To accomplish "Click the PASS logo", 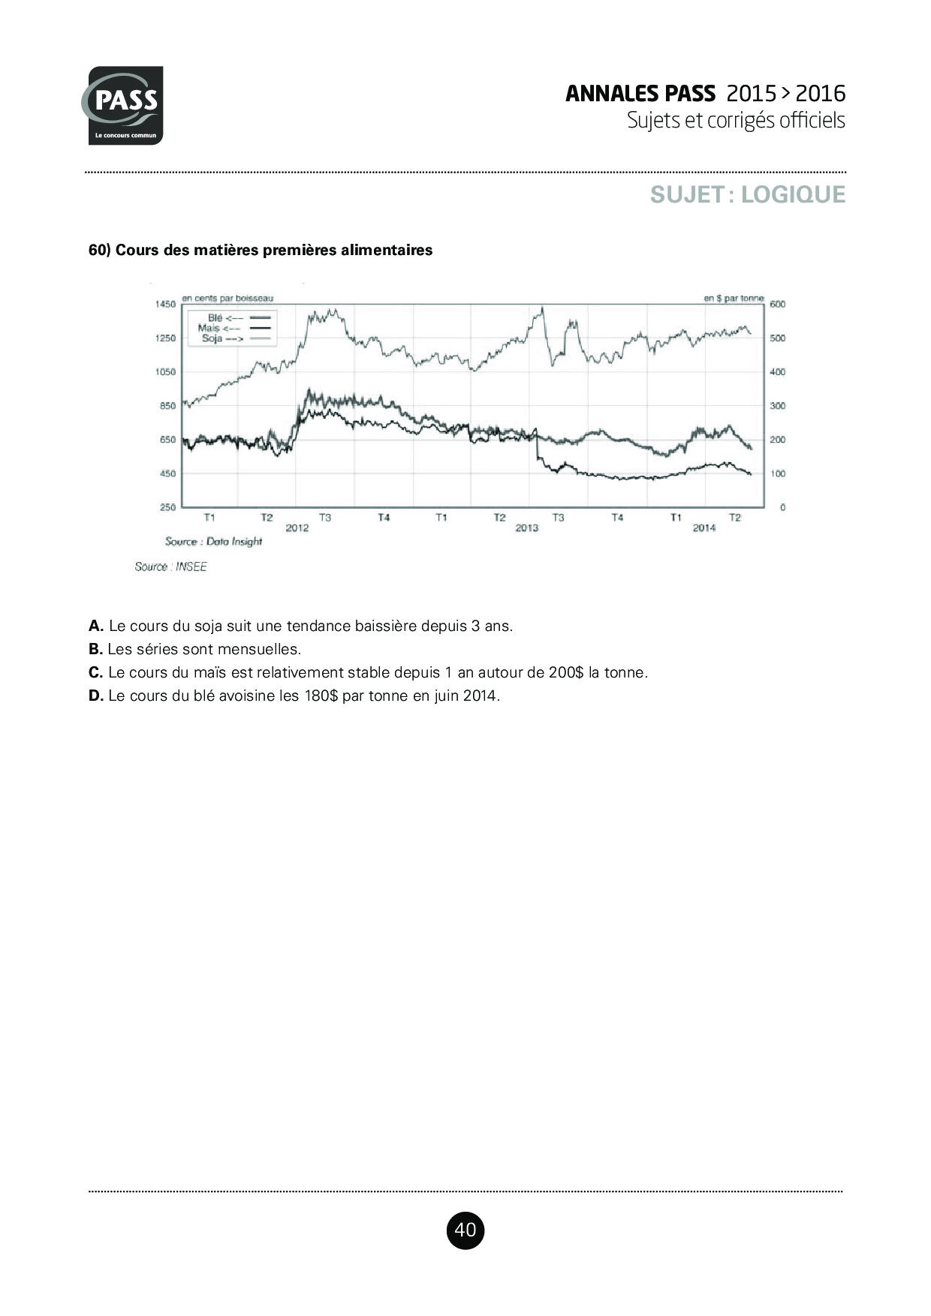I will coord(123,105).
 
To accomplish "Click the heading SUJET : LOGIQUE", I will coord(747,194).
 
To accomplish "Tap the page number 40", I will coord(465,1230).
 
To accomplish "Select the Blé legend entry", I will coord(225,318).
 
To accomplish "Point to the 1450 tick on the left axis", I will coord(165,304).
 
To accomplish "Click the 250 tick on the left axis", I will coord(167,507).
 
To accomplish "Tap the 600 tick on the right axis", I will coord(778,304).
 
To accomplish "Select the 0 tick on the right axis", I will coord(782,507).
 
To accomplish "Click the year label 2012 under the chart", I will coord(297,528).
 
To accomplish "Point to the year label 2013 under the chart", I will coord(527,528).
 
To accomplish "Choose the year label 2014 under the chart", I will coord(704,528).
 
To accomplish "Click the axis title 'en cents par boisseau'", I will coord(227,298).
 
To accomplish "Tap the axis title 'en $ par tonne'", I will coord(733,298).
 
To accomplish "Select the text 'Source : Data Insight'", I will coord(213,542).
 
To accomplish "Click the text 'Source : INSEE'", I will coord(170,567).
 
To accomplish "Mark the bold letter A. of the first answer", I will coord(96,626).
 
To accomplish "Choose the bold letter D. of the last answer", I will coord(96,696).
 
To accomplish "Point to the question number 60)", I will coord(100,250).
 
